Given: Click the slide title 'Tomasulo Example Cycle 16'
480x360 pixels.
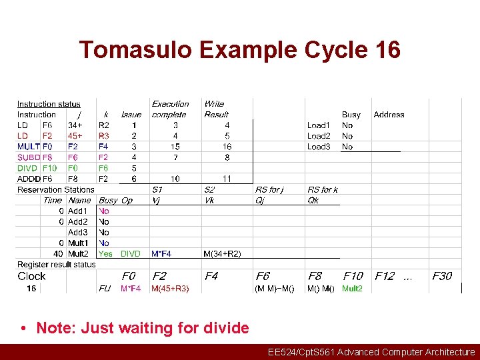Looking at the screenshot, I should tap(240, 50).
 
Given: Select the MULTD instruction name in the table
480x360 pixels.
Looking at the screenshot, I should tap(29, 147).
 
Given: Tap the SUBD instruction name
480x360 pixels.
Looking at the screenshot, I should tap(29, 157).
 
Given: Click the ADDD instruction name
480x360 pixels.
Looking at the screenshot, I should tap(29, 179).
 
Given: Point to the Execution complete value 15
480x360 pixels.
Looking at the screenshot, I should tap(175, 147).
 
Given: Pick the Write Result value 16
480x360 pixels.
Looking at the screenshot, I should tap(227, 147).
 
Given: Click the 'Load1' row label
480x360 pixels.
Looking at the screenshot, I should tap(318, 125).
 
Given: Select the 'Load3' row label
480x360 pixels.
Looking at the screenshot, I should tap(318, 147).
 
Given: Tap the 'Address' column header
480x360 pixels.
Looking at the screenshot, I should tap(389, 115).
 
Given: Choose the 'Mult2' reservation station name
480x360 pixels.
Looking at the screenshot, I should tap(78, 254).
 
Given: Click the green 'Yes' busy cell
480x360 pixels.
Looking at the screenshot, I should tap(105, 254).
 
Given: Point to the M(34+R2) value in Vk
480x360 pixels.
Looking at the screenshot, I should tap(223, 254).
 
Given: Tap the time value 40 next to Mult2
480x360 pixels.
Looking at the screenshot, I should tap(59, 254).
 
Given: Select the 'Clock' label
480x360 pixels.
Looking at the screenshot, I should tap(31, 276).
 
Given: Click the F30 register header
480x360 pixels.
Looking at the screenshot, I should tap(441, 276).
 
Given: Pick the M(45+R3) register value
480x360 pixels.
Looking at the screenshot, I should tap(170, 289).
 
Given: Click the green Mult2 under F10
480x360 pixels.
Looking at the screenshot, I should tap(352, 289).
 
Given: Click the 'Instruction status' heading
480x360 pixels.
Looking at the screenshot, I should tap(49, 104).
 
